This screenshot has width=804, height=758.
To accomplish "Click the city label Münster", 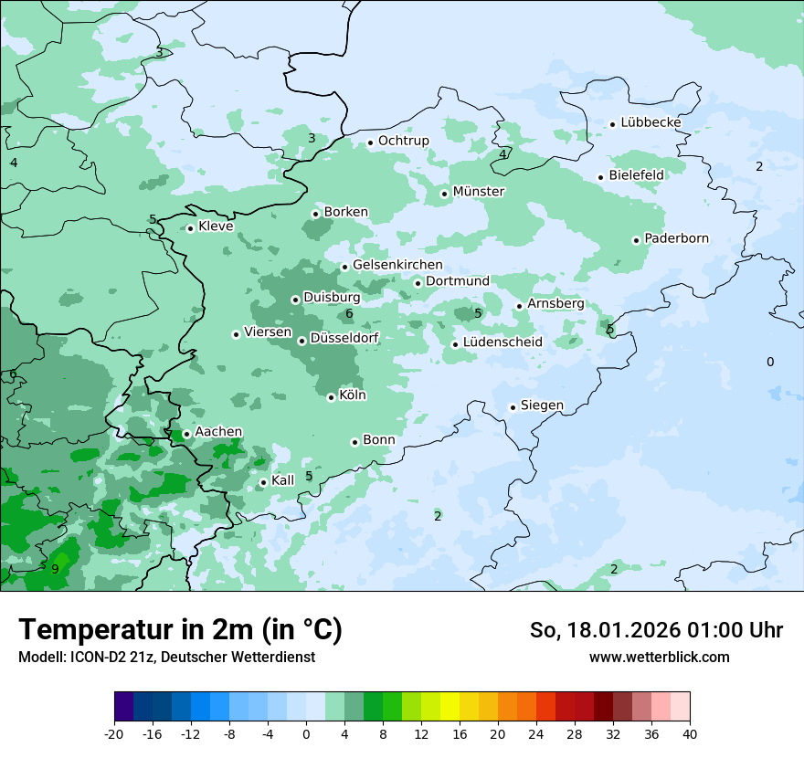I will (478, 192).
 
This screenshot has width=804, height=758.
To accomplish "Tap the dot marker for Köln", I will (331, 397).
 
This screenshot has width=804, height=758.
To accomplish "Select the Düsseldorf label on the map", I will (344, 339).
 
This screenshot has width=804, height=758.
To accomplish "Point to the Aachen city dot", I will (186, 435).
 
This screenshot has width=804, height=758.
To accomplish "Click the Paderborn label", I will (676, 239).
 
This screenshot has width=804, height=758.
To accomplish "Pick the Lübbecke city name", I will (651, 122).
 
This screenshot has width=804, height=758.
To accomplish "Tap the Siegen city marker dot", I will (513, 407).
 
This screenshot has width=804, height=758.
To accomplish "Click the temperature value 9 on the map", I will (55, 569).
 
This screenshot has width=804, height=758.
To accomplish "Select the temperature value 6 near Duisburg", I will (349, 314).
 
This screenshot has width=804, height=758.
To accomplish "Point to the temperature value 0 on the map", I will (769, 363).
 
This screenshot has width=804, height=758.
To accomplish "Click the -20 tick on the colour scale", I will (114, 733).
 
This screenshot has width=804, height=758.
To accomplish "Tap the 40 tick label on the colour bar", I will (690, 733).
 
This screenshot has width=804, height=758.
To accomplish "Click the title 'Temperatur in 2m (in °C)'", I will (180, 629).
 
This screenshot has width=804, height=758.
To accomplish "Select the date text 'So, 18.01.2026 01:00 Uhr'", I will (656, 630).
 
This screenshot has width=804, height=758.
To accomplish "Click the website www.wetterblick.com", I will (659, 657).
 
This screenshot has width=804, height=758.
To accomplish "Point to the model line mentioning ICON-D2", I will (166, 657).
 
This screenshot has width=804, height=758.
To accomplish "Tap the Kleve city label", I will (216, 226).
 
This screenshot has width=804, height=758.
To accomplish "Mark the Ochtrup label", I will (403, 141).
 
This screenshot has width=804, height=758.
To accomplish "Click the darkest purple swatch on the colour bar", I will (123, 707).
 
